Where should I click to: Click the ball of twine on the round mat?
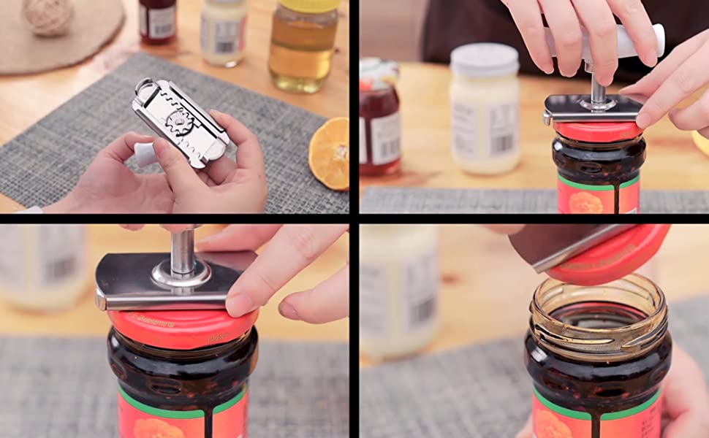[48, 15]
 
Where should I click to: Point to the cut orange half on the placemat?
[329, 153]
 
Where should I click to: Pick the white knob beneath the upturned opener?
[144, 153]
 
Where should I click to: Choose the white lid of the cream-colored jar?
[484, 59]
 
